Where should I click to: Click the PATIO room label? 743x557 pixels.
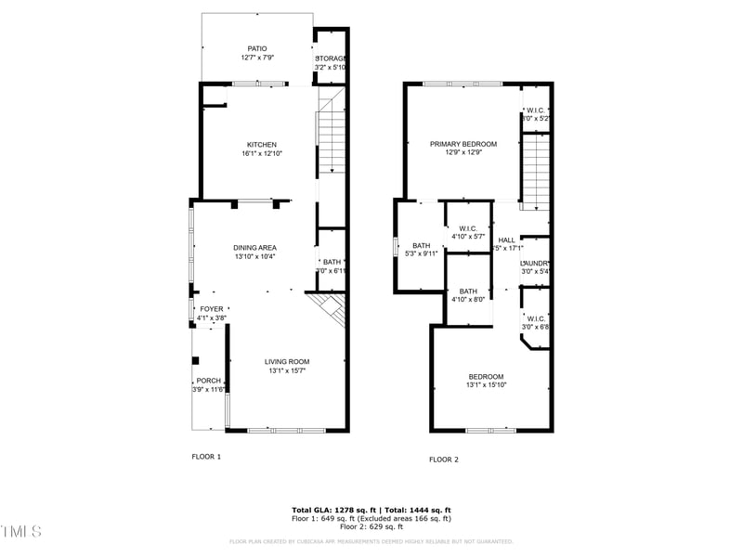(x=257, y=48)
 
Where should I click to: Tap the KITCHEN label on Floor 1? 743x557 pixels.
(x=262, y=144)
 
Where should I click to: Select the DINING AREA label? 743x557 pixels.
(x=254, y=247)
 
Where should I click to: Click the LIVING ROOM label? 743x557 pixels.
(x=287, y=361)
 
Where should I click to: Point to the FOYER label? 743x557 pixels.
(x=212, y=309)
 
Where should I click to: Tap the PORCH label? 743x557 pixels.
(x=208, y=381)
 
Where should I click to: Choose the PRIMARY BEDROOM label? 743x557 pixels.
(x=463, y=144)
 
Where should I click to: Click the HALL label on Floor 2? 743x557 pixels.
(x=506, y=240)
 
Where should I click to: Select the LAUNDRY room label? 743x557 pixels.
(x=535, y=264)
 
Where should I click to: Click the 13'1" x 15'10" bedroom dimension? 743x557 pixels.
(x=486, y=384)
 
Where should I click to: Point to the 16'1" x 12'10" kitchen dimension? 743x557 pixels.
(x=262, y=153)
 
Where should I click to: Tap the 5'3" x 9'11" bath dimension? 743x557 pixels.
(x=422, y=253)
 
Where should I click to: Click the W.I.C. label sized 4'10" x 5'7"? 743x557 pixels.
(x=467, y=228)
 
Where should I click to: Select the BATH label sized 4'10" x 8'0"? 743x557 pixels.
(x=468, y=291)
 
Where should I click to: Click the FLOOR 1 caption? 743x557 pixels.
(x=206, y=457)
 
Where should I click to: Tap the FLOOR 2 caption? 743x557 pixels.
(x=443, y=460)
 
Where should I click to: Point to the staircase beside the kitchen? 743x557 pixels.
(x=331, y=139)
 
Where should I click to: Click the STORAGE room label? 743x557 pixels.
(x=331, y=58)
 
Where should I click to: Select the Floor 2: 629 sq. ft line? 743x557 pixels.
(x=371, y=526)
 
